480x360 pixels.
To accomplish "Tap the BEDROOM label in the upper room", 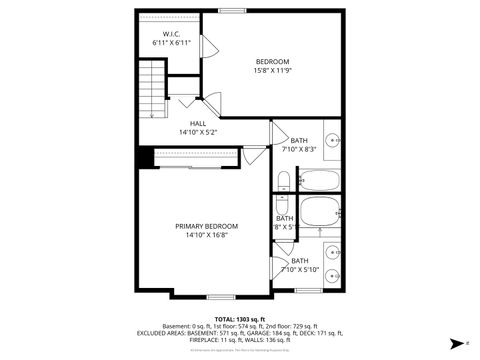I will [x=272, y=61].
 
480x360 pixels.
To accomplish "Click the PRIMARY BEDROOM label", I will [x=207, y=226].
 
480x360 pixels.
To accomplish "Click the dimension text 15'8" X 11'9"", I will [x=272, y=70].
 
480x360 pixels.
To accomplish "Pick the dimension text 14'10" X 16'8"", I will [x=207, y=235].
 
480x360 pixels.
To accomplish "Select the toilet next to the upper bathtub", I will [x=283, y=181].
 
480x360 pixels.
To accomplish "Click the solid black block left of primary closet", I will [x=146, y=157].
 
